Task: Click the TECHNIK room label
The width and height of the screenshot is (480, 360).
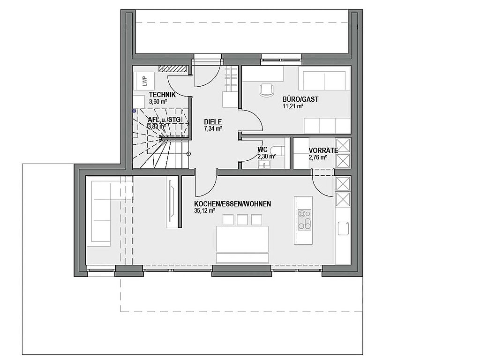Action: [x=162, y=95]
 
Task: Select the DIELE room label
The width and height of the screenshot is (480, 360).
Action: [x=213, y=122]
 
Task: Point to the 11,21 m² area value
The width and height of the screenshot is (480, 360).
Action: [x=293, y=106]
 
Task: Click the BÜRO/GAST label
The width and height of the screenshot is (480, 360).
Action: [x=300, y=99]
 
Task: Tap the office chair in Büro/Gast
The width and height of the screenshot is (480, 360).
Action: [x=267, y=90]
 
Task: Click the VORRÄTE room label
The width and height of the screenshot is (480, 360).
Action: [x=323, y=150]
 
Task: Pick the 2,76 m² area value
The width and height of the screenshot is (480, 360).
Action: [x=317, y=157]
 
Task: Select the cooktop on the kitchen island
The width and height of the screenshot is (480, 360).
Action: [x=304, y=219]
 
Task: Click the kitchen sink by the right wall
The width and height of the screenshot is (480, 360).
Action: [x=344, y=228]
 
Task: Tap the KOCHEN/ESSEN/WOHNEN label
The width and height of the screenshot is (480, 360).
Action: [x=232, y=204]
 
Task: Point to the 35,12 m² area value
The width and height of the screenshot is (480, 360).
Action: [x=204, y=210]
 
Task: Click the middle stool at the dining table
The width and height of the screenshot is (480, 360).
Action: [x=242, y=220]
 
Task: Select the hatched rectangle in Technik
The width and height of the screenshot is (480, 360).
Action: [x=173, y=68]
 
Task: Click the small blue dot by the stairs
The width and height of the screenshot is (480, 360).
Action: [x=134, y=111]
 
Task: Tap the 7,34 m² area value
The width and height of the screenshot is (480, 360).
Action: [x=213, y=128]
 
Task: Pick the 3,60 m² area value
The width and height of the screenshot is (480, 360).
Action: [x=158, y=102]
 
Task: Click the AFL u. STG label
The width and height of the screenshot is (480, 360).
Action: [x=165, y=120]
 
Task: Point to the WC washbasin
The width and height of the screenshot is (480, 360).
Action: [x=264, y=165]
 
